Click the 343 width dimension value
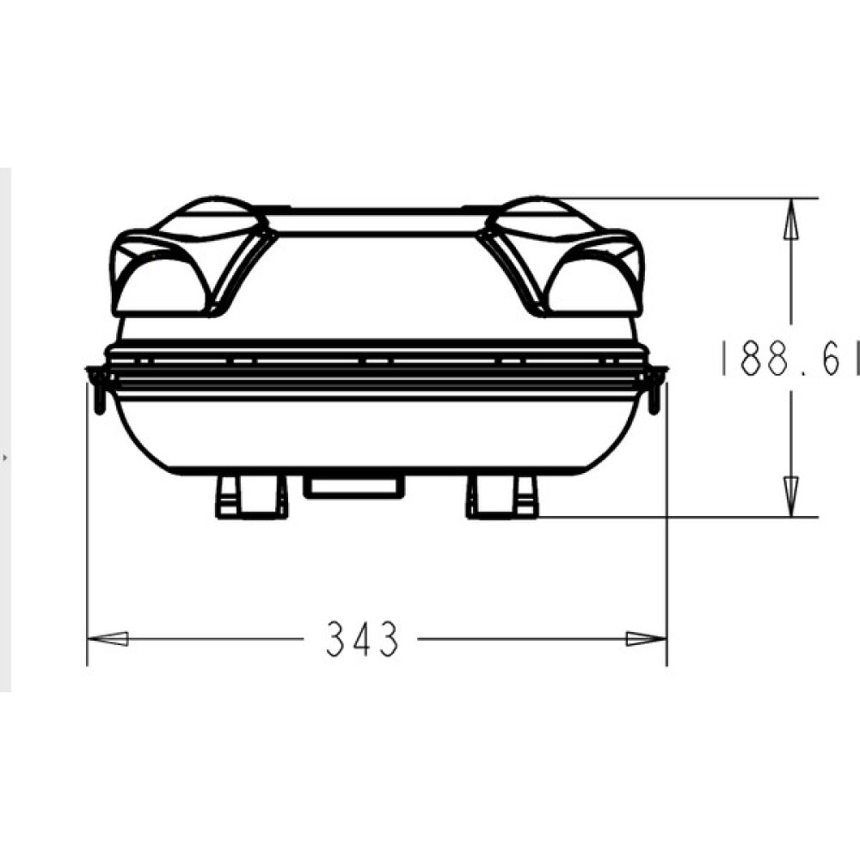point(362,639)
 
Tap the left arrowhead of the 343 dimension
point(108,639)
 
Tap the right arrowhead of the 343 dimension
point(647,639)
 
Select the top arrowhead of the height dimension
point(791,218)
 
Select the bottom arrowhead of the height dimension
point(791,496)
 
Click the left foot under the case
point(252,497)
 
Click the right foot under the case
point(502,497)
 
